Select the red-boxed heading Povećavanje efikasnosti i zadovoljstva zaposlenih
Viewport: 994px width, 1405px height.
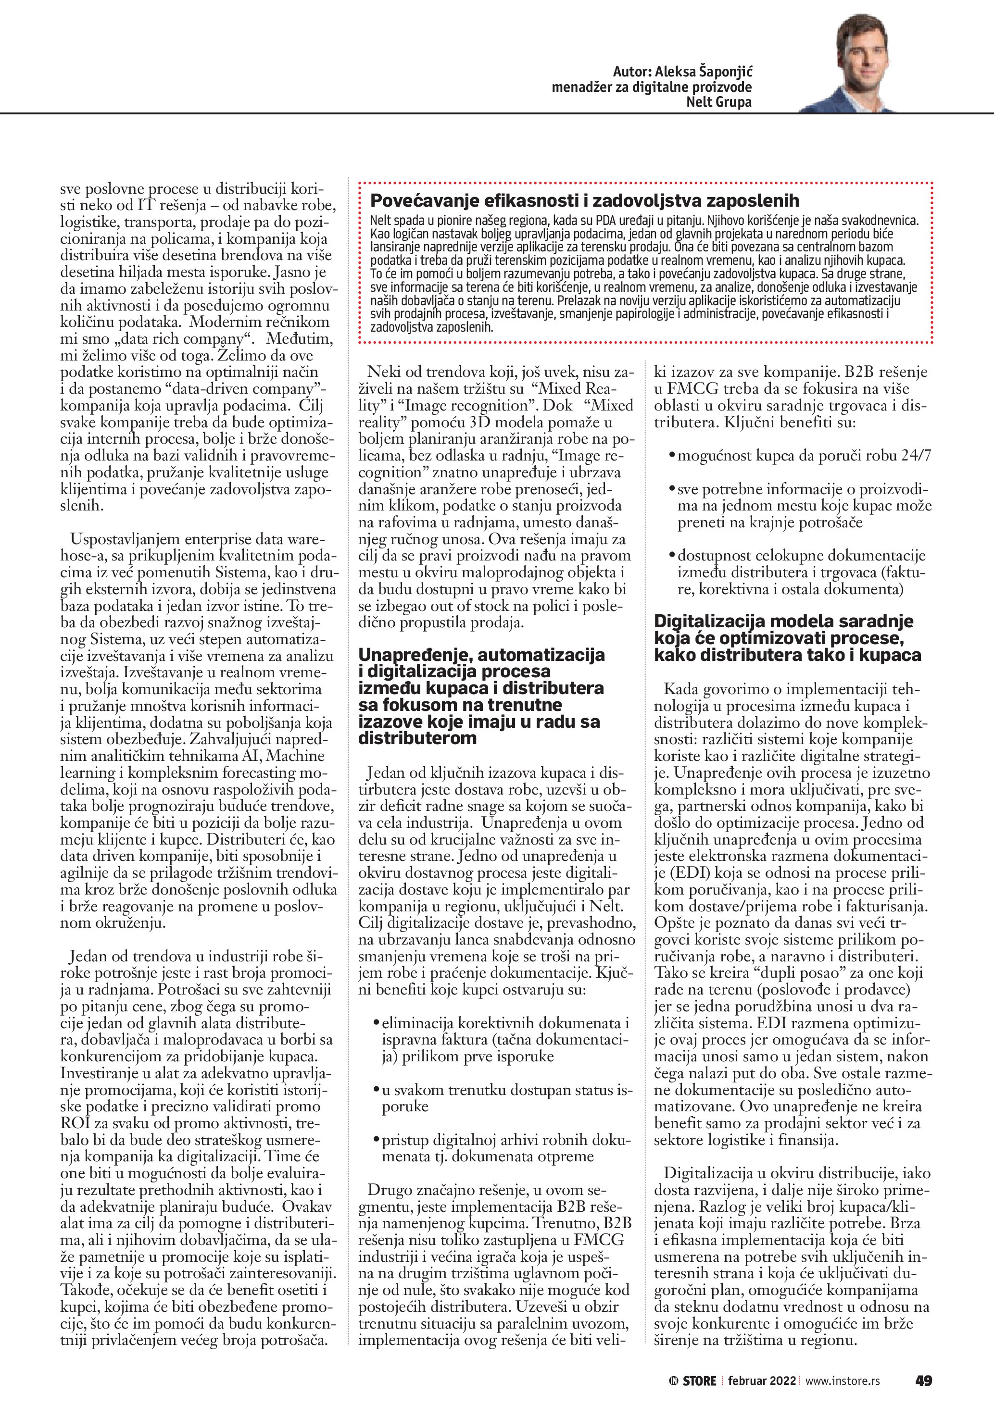[585, 201]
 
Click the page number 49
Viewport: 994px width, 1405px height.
[923, 1380]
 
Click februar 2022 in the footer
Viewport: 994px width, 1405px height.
[761, 1380]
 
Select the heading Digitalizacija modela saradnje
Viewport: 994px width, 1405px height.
[787, 638]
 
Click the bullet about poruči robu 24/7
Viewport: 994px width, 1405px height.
[804, 456]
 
